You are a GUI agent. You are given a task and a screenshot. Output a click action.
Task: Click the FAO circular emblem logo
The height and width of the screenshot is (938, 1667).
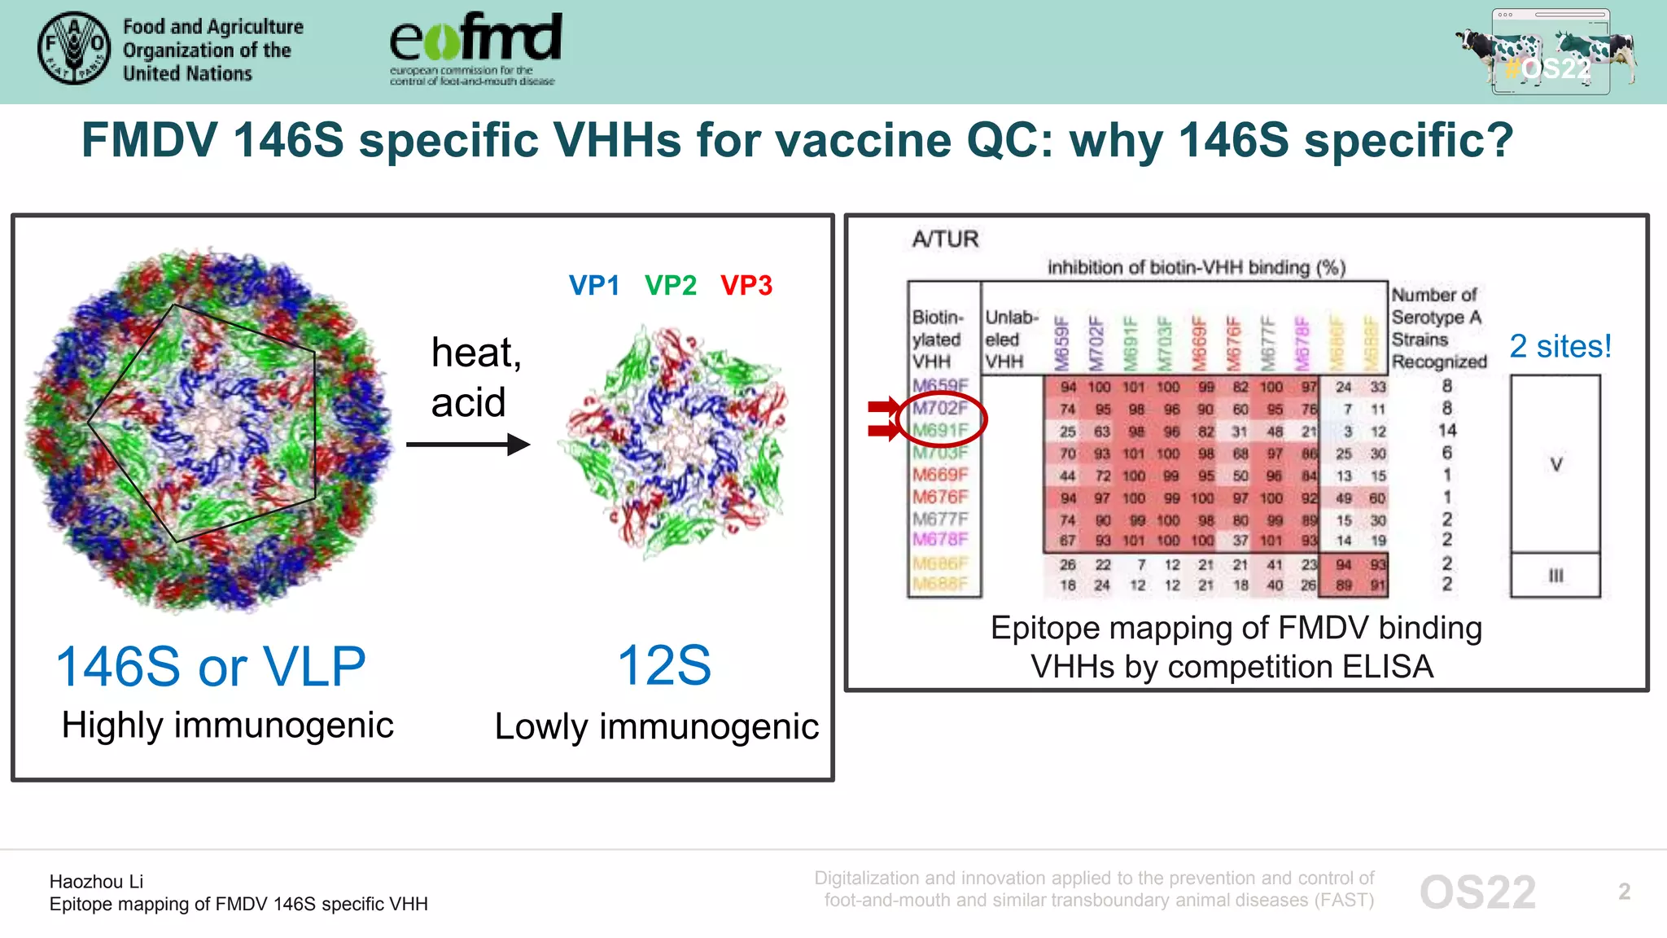pos(74,48)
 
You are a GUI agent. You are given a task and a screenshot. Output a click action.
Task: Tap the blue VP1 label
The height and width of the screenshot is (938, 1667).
pos(593,286)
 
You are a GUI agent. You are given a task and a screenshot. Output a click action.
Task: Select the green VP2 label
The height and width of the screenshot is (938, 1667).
pos(670,286)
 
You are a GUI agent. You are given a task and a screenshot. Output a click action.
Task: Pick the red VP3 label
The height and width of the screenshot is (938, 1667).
pos(746,286)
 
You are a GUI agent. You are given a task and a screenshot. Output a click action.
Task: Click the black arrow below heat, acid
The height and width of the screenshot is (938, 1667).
pos(468,445)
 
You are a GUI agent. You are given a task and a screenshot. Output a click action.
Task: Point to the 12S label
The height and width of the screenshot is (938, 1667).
pos(663,666)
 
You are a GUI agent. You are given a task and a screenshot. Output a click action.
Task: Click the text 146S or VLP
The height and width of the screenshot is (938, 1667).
pos(211,667)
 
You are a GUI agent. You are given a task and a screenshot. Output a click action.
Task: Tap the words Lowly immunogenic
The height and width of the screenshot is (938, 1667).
pos(656,726)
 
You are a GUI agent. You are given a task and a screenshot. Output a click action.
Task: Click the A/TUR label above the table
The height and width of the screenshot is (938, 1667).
pos(945,239)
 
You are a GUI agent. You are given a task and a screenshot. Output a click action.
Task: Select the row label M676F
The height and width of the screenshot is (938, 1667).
pos(940,497)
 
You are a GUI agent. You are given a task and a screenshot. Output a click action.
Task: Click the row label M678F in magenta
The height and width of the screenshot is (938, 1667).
pos(940,539)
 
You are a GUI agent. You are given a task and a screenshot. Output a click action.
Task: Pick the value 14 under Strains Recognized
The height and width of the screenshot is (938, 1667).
pos(1446,430)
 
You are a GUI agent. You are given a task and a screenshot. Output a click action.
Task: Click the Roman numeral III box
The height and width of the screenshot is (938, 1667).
pos(1555,576)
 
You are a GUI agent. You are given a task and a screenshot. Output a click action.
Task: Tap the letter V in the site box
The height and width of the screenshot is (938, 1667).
pos(1555,465)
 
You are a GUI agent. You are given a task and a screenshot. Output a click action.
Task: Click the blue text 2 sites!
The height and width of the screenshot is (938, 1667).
pos(1560,347)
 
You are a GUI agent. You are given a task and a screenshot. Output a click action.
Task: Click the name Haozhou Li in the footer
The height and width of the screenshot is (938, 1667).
pos(96,882)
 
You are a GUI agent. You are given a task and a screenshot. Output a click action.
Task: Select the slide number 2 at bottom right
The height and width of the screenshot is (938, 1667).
pos(1624,892)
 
